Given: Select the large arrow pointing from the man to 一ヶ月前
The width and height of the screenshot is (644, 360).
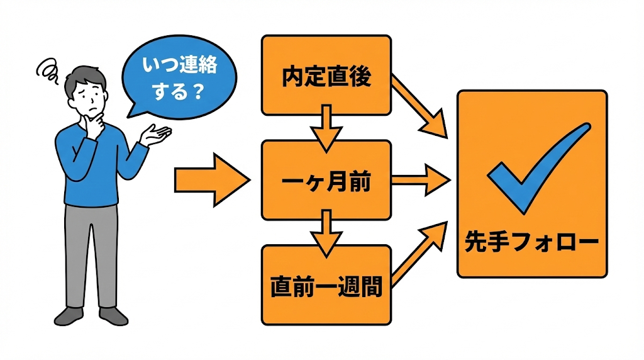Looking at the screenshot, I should [211, 180].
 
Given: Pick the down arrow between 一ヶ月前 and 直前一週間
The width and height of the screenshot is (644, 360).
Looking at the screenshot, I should [326, 233].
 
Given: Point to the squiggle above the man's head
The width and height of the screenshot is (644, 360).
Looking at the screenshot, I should [47, 69].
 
